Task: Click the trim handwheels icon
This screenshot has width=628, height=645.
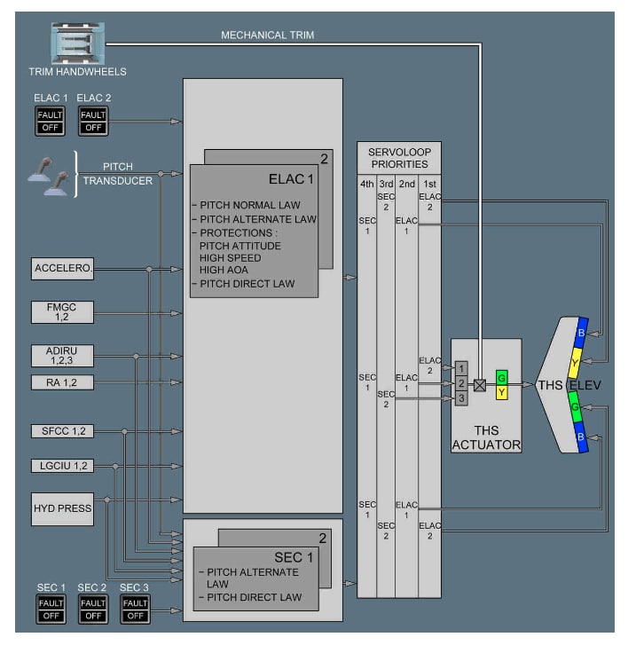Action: (77, 42)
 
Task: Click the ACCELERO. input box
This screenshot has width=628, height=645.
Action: (63, 267)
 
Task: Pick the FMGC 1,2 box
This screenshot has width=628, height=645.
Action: (63, 311)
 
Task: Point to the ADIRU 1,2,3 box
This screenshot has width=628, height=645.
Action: (63, 356)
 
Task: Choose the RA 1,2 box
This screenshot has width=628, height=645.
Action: (63, 383)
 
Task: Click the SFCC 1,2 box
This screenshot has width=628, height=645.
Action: (63, 431)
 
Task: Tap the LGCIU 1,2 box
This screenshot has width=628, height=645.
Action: (63, 466)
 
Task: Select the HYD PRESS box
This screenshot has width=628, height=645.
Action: (63, 508)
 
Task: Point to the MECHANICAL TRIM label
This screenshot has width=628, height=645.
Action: (267, 35)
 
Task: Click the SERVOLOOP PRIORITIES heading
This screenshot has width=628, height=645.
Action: (398, 158)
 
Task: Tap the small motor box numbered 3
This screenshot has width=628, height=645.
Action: (461, 398)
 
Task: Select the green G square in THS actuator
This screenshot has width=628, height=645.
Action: (502, 376)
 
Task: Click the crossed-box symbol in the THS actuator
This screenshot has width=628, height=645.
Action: (480, 385)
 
